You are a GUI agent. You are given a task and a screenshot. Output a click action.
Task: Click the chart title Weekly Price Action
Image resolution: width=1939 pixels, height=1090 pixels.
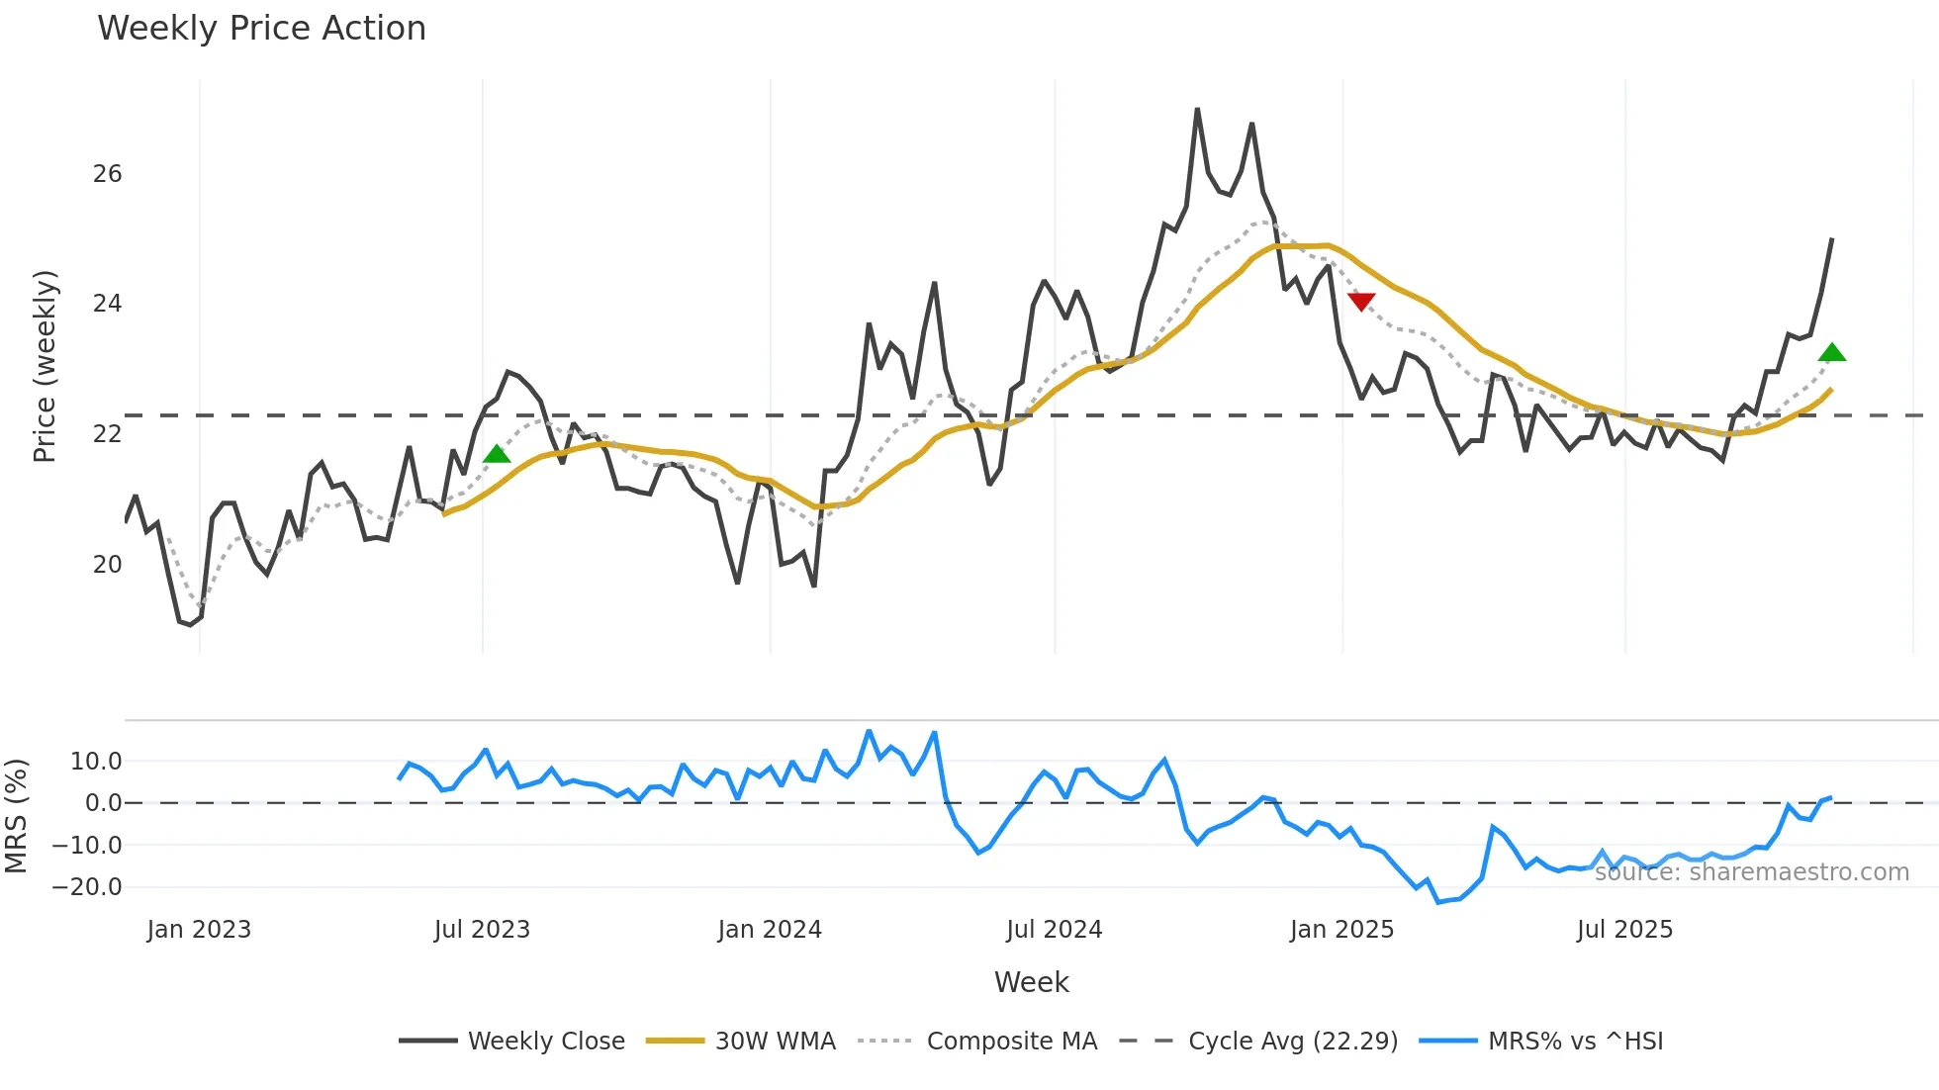tap(261, 29)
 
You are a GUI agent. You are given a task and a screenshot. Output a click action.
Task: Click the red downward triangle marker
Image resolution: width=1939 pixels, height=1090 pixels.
tap(1361, 301)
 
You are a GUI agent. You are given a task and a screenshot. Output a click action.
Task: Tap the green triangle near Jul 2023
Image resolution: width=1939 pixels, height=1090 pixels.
tap(497, 454)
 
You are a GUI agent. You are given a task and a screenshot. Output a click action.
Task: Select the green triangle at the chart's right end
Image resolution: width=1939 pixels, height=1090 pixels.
tap(1832, 353)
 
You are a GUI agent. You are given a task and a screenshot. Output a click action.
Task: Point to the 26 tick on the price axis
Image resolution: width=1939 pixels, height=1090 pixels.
tap(107, 174)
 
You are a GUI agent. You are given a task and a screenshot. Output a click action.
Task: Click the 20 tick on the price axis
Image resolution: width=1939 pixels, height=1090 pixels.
tap(107, 565)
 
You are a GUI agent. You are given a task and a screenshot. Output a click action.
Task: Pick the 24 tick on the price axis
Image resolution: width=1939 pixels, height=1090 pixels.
tap(107, 304)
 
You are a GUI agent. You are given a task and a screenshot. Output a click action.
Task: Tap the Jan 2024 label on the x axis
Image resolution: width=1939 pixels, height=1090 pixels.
tap(770, 930)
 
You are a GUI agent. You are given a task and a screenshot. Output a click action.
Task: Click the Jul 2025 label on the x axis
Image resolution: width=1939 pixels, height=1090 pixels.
tap(1624, 930)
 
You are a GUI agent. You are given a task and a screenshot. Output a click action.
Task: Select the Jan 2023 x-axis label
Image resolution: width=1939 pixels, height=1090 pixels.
tap(199, 930)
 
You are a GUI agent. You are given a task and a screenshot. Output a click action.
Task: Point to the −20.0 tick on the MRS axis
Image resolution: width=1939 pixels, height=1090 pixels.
tap(87, 887)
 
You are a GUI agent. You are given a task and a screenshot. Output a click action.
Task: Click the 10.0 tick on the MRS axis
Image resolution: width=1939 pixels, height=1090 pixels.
tap(96, 762)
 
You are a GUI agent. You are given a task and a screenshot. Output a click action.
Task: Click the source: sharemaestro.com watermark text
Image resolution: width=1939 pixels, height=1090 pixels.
tap(1751, 872)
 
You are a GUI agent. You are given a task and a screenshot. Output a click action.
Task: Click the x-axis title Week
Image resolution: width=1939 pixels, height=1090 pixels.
tap(1031, 982)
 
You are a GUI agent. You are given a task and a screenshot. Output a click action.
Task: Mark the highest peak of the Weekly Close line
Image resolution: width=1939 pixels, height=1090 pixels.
tap(1197, 109)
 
